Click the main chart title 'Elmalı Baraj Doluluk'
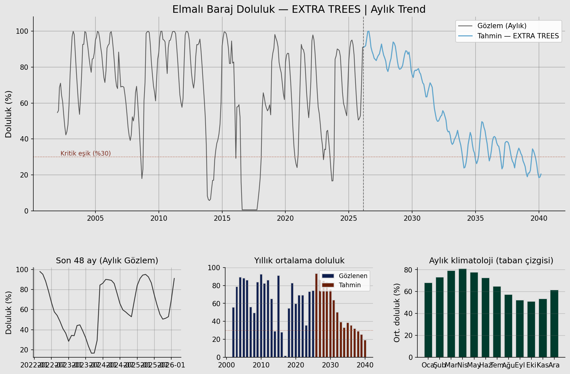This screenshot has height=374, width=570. point(299,9)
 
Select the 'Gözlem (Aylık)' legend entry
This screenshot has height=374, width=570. point(502,26)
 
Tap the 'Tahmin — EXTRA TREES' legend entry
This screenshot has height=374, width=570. point(518,36)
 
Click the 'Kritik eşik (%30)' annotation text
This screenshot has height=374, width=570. point(86,154)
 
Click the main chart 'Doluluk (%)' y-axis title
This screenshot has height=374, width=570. point(8,114)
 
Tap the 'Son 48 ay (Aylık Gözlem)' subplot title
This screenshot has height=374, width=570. point(107,261)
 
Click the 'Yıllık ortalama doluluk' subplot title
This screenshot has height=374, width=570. point(299,261)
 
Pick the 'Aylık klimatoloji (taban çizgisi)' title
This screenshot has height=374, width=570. point(491,261)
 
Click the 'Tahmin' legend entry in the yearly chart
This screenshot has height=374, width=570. point(350,285)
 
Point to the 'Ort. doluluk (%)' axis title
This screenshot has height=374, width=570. point(397,313)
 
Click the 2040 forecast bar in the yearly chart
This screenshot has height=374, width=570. point(365,348)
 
